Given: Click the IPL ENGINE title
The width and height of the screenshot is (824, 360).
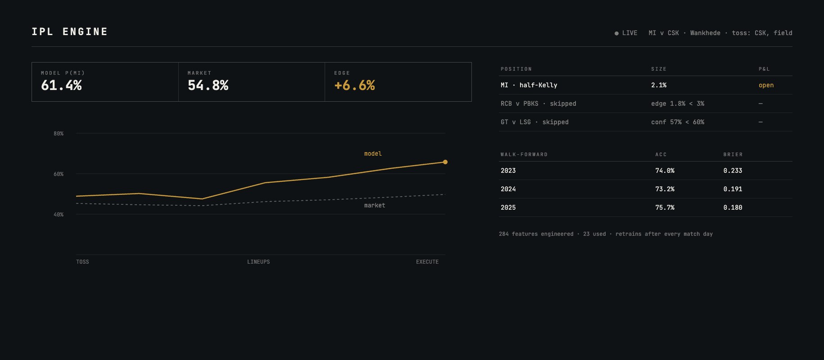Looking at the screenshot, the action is click(x=70, y=31).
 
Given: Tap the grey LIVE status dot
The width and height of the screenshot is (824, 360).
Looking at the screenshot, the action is click(x=616, y=33).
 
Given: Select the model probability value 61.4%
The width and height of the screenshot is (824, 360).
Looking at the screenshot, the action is click(x=61, y=85).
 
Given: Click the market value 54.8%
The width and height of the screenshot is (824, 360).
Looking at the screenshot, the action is click(x=208, y=85).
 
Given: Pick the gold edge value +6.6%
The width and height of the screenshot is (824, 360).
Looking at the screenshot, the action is click(x=354, y=85).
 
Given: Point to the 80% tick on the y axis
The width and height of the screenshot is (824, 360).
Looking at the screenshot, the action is click(x=59, y=134).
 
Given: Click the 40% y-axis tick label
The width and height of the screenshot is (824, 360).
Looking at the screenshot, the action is click(x=59, y=215).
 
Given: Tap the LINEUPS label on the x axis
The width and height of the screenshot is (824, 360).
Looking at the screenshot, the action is click(x=258, y=262).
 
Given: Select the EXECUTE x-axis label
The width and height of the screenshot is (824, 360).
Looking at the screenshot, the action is click(x=427, y=262).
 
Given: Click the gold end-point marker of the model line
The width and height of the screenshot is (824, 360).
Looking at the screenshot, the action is click(x=445, y=162).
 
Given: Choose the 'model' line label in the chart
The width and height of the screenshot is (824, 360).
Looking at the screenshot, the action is click(x=373, y=154).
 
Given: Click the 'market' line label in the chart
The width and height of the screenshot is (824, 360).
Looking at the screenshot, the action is click(x=375, y=206).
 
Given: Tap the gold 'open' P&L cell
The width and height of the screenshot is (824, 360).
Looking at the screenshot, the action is click(x=766, y=85).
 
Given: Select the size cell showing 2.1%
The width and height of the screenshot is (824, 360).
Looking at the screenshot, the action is click(x=659, y=85).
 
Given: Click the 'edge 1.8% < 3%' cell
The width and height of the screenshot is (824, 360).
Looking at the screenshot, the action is click(x=678, y=104).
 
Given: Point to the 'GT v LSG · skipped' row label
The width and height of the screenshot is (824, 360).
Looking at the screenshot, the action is click(x=534, y=122).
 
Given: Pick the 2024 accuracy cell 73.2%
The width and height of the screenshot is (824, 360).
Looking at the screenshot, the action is click(x=665, y=189).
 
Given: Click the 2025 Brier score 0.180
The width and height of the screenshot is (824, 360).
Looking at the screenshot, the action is click(x=733, y=208).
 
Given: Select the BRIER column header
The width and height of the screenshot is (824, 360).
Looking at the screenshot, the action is click(x=733, y=155).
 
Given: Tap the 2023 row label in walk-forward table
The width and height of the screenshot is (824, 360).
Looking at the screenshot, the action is click(x=508, y=171).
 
